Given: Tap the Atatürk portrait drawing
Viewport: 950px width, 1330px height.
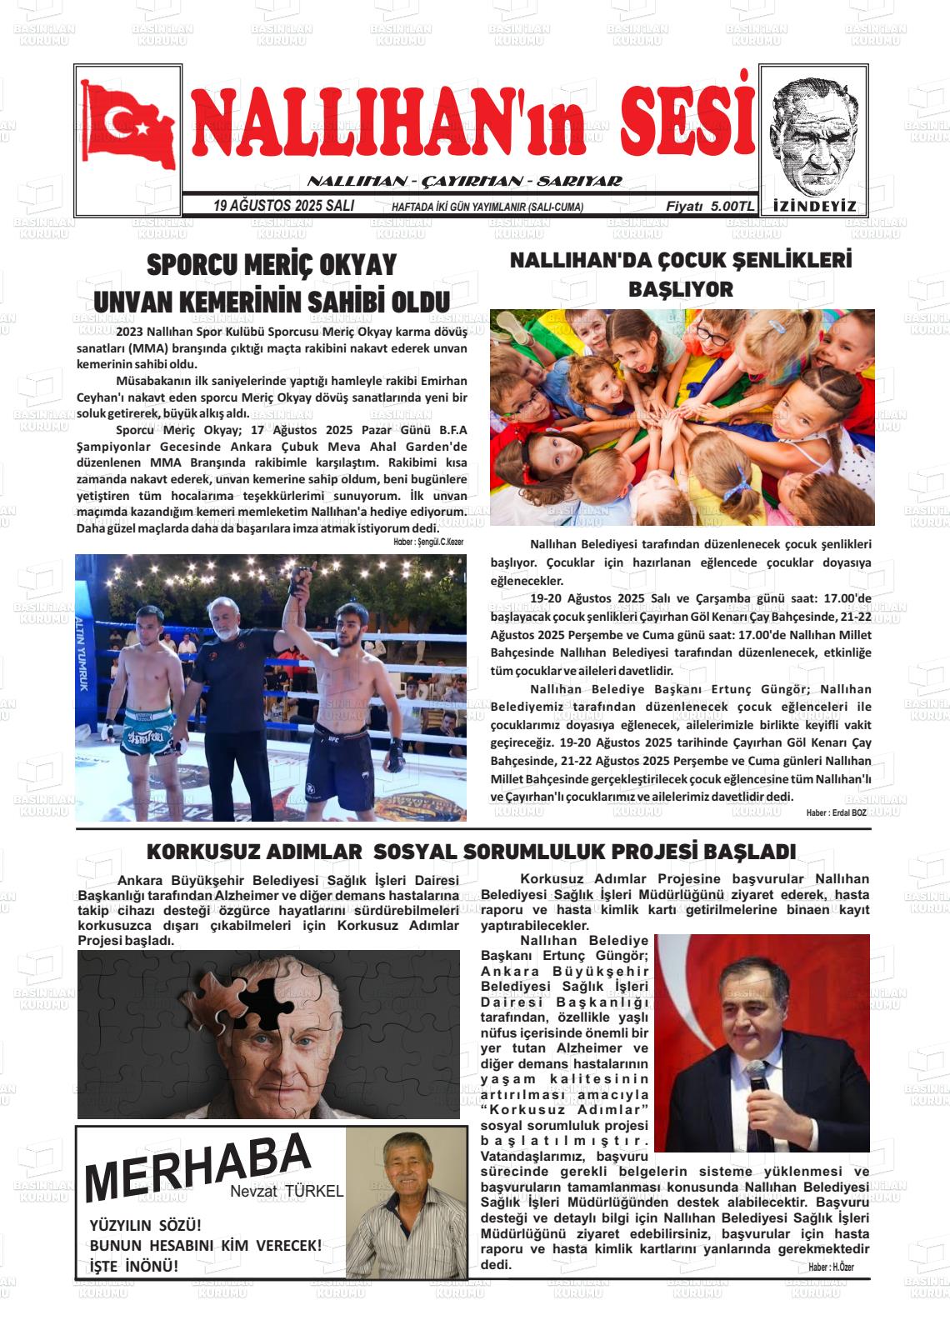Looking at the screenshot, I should tap(812, 133).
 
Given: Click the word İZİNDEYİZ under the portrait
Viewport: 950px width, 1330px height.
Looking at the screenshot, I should tap(814, 207).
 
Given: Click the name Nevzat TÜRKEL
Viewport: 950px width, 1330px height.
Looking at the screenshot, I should tap(287, 1192).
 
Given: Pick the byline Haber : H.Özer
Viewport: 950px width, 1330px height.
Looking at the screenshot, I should tap(831, 1267).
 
